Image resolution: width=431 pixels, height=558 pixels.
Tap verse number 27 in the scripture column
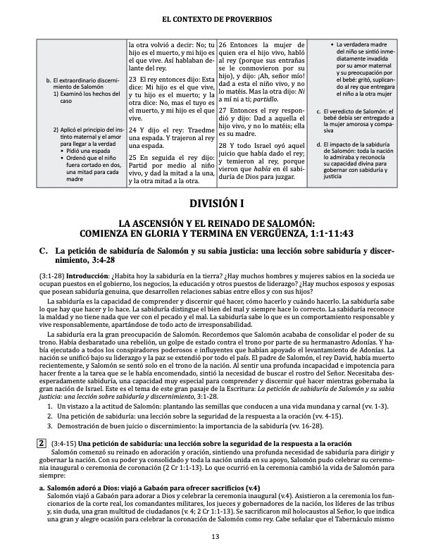223,111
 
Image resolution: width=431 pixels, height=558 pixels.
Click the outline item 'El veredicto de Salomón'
358,113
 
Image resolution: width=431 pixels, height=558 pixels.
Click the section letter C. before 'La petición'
44,251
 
